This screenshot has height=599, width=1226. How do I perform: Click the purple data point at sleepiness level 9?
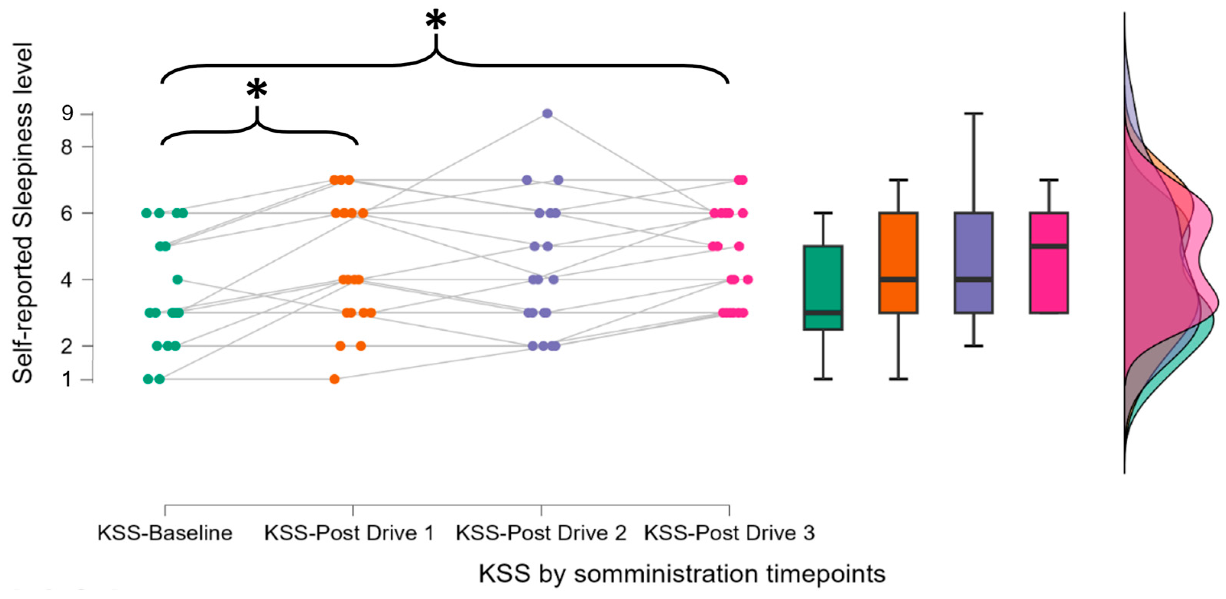pyautogui.click(x=547, y=114)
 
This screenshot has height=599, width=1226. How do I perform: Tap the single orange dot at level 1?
pyautogui.click(x=335, y=379)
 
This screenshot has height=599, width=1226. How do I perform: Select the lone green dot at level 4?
pyautogui.click(x=177, y=280)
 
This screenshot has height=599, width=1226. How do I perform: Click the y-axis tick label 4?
pyautogui.click(x=67, y=280)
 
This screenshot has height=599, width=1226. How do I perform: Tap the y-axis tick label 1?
pyautogui.click(x=67, y=380)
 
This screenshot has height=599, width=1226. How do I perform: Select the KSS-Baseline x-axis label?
pyautogui.click(x=165, y=533)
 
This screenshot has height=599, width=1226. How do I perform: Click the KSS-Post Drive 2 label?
pyautogui.click(x=541, y=533)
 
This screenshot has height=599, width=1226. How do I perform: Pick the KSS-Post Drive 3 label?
pyautogui.click(x=729, y=533)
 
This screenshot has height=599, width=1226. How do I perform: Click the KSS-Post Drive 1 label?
pyautogui.click(x=349, y=533)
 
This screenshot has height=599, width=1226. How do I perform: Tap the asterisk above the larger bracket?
pyautogui.click(x=436, y=21)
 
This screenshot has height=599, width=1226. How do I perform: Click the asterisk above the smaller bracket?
pyautogui.click(x=257, y=89)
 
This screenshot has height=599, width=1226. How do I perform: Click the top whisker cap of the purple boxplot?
pyautogui.click(x=974, y=114)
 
